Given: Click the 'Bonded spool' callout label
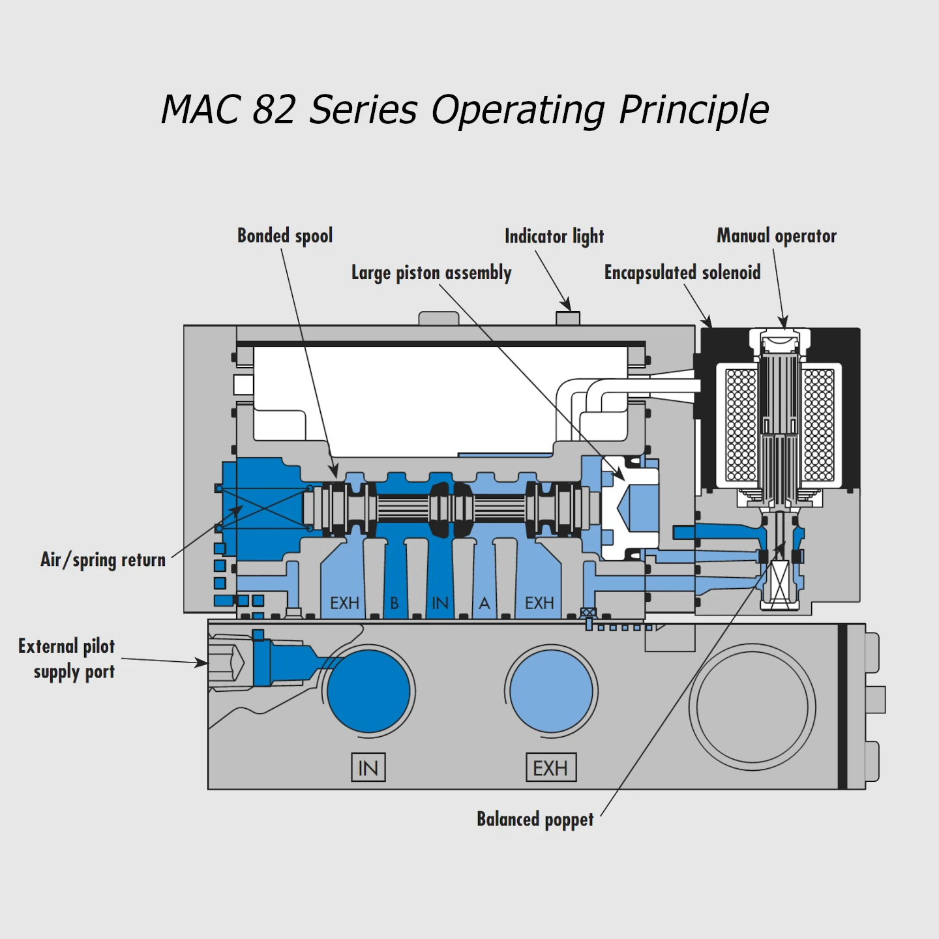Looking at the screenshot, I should click(285, 235).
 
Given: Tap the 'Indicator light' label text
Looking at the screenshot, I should click(554, 236).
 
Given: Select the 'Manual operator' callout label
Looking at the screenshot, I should click(776, 235).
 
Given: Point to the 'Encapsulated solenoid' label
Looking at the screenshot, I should click(682, 272).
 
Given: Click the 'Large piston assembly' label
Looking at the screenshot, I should click(431, 273).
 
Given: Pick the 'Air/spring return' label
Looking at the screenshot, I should click(103, 559).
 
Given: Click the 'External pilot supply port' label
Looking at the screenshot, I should click(67, 659).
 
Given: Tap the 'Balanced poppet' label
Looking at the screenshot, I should click(535, 819).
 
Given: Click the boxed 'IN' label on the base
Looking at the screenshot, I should click(368, 768).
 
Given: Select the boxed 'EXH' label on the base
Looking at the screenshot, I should click(551, 768).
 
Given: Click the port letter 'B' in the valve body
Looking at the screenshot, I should click(395, 603).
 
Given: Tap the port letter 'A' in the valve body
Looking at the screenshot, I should click(484, 603).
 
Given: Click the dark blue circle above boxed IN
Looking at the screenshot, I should click(368, 691).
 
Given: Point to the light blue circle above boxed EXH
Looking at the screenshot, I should click(551, 691).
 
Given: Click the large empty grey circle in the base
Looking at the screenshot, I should click(752, 707).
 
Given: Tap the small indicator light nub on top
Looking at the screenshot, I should click(567, 318).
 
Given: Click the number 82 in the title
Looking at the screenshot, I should click(274, 110).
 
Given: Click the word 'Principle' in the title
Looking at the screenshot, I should click(694, 110).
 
